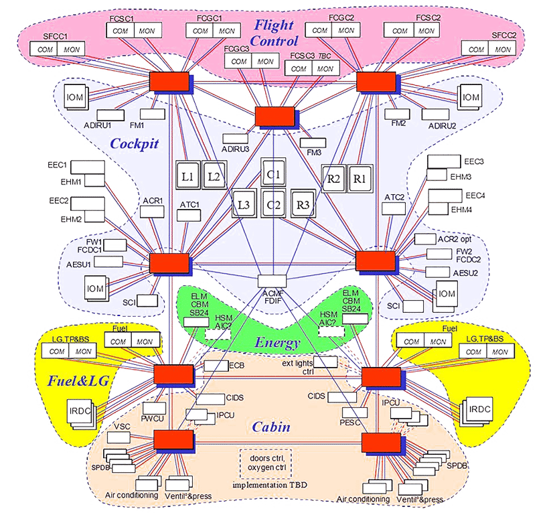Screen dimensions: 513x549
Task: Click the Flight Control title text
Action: pos(274,33)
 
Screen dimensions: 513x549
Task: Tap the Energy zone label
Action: pos(277,343)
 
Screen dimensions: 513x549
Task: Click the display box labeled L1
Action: pos(187,175)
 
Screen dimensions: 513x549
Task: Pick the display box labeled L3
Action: pos(244,204)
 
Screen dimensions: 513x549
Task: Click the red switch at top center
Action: pos(274,116)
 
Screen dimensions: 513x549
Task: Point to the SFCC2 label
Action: pos(503,34)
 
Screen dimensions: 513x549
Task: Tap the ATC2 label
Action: pos(394,198)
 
